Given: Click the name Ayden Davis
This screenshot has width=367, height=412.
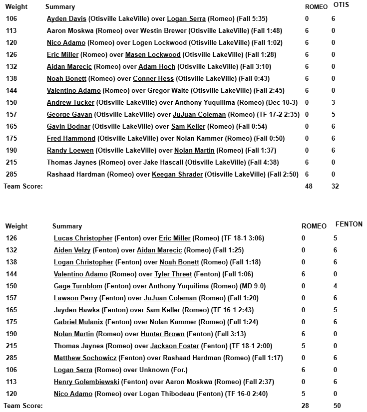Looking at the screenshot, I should click(66, 19).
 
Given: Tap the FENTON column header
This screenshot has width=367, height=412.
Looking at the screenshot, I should click(349, 224).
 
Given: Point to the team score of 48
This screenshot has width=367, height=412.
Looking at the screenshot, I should click(308, 187).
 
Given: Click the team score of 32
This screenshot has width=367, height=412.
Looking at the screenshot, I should click(336, 187).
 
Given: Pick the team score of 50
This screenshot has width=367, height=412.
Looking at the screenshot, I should click(337, 406).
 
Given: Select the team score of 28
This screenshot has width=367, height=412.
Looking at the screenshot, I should click(305, 406).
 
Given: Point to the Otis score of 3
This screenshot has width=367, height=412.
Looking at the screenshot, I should click(333, 103).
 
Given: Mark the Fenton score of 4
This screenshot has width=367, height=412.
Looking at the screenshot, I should click(335, 286).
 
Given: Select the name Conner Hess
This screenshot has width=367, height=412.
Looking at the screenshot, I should click(153, 79).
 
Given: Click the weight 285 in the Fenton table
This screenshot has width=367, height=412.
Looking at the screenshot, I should click(11, 358).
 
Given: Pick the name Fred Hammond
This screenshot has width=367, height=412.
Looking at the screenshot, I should click(71, 139).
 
